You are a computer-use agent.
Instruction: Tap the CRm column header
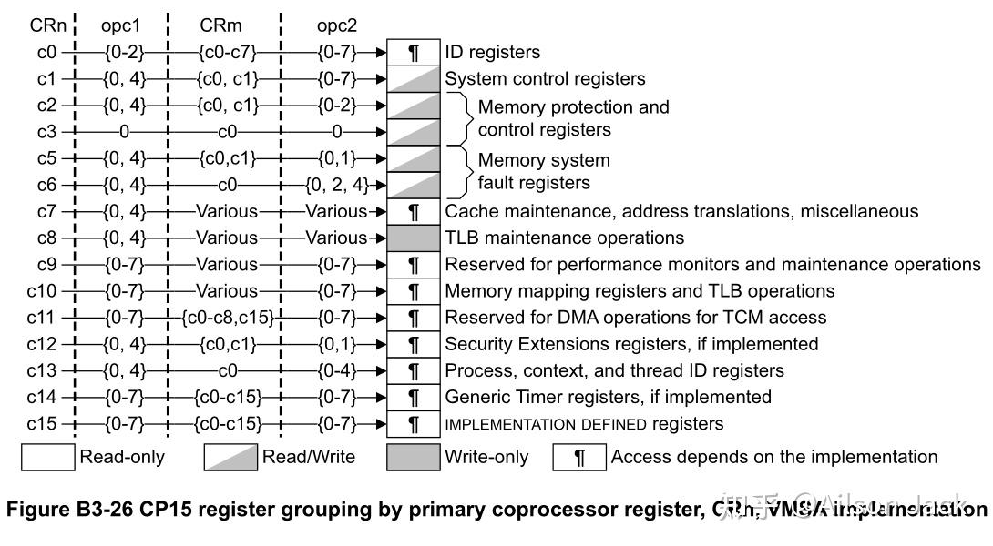pos(226,25)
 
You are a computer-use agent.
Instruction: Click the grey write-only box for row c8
pos(414,238)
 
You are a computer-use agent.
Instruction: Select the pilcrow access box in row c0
pos(414,53)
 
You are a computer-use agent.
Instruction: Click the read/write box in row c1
pos(414,79)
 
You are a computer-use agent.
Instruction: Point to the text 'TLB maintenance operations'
pos(564,238)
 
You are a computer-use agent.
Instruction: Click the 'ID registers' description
pos(492,53)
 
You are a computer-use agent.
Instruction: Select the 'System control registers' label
pos(545,79)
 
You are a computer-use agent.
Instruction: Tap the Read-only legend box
pos(47,457)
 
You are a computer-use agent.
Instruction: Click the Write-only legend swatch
pos(414,457)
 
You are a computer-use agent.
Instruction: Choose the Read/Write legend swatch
pos(230,457)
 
